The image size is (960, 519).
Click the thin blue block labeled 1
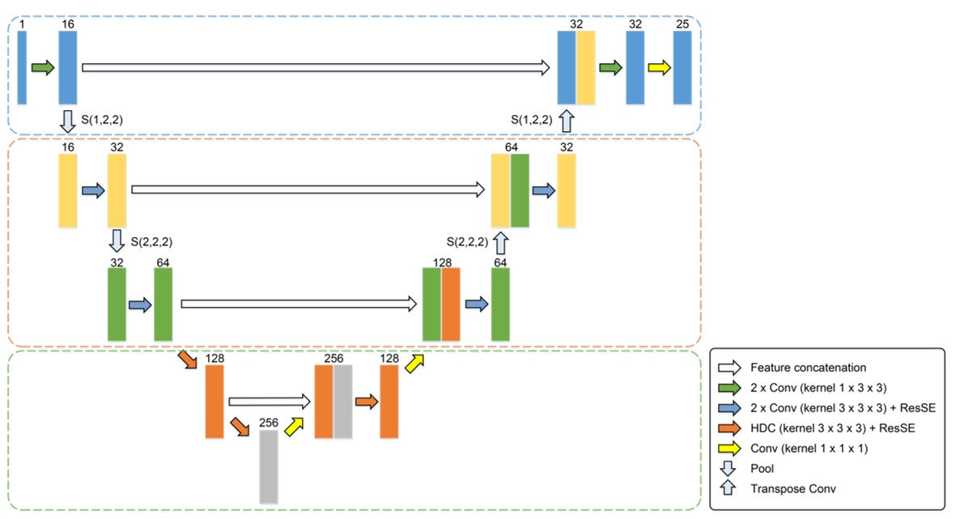click(22, 68)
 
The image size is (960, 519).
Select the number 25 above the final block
click(682, 24)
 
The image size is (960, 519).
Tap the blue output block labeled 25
click(682, 68)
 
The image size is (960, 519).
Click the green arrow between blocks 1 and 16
click(43, 68)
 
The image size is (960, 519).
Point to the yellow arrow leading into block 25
click(659, 68)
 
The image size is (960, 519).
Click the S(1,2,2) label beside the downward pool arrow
click(102, 120)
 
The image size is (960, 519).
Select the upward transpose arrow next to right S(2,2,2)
click(500, 241)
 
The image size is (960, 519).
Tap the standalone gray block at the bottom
click(269, 466)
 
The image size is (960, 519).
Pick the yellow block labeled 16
click(68, 191)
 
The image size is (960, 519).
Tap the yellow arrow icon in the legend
click(729, 449)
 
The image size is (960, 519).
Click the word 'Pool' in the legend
click(762, 469)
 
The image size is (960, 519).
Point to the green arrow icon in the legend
click(729, 388)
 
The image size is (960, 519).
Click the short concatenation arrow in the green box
click(270, 401)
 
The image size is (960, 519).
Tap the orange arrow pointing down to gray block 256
click(240, 425)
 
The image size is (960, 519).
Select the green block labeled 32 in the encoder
click(117, 304)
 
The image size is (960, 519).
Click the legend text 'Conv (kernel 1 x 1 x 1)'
click(809, 449)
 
